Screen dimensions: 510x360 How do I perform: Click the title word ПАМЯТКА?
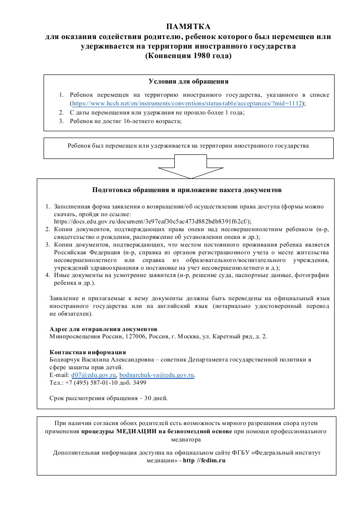[x=188, y=27]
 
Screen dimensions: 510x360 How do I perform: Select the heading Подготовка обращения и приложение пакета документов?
[x=187, y=189]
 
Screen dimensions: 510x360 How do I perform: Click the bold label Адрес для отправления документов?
[x=103, y=328]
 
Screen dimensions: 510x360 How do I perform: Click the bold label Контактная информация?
[x=87, y=352]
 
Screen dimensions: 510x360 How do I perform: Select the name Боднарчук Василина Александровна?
[x=100, y=360]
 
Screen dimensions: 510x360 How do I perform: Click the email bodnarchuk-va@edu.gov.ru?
[x=157, y=375]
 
